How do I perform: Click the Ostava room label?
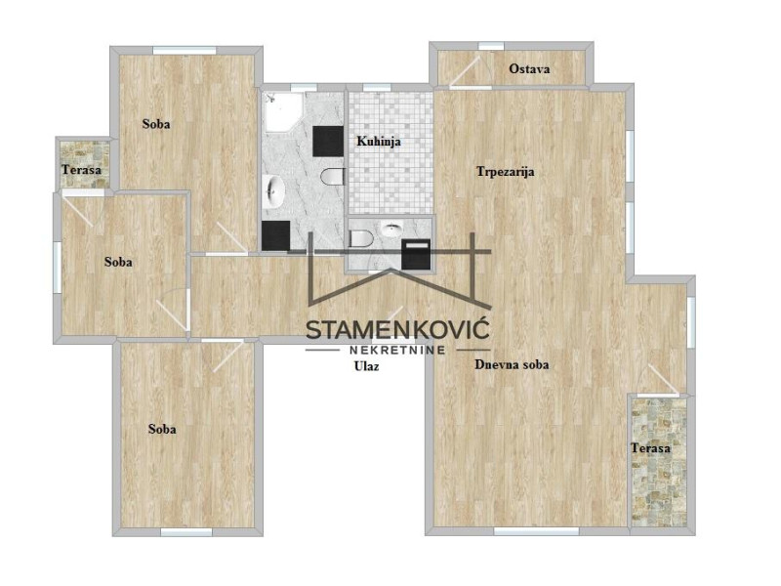(529, 68)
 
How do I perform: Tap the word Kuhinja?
(379, 142)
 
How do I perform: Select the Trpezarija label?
(505, 172)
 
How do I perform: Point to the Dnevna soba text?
(512, 364)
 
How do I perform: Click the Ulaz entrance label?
(366, 366)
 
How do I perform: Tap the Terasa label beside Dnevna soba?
(650, 448)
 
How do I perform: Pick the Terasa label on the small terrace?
(81, 170)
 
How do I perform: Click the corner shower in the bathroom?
(282, 111)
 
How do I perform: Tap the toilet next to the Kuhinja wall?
(333, 177)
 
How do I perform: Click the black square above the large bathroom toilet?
(328, 141)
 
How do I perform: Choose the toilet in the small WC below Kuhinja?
(359, 238)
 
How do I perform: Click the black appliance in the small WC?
(416, 254)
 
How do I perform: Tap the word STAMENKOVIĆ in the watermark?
(397, 330)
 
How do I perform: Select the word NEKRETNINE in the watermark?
(397, 350)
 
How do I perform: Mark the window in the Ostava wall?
(491, 46)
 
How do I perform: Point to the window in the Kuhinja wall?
(377, 88)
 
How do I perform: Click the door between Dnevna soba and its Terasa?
(663, 380)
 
